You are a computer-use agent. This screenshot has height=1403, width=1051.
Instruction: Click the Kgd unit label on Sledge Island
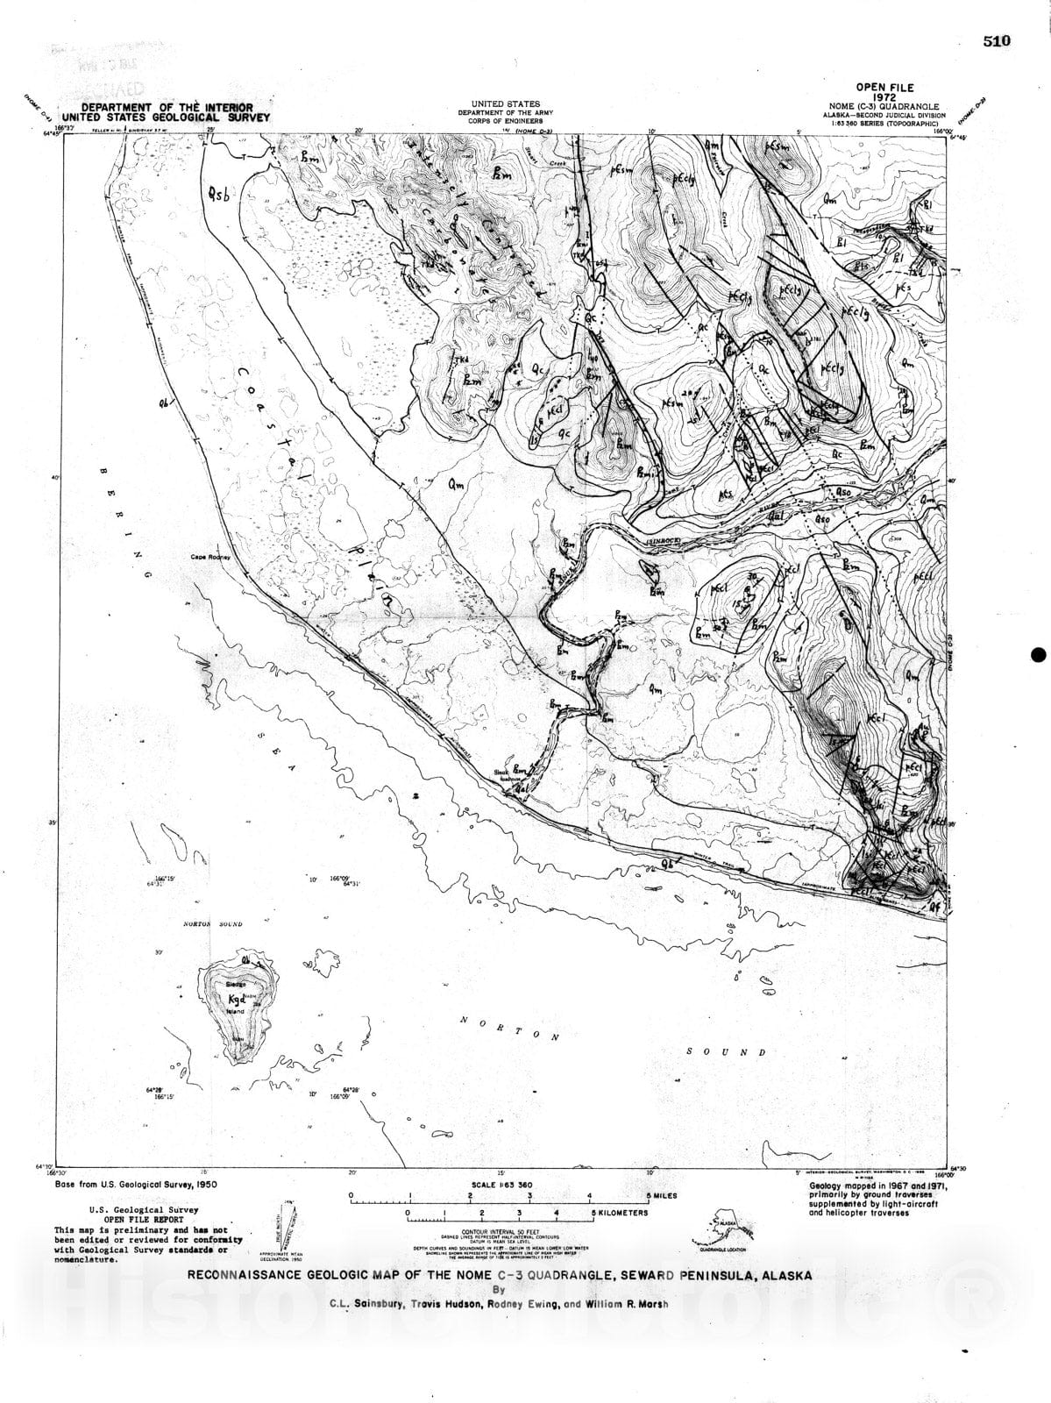click(236, 1000)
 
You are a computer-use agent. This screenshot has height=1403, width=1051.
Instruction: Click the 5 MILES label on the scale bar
click(661, 1195)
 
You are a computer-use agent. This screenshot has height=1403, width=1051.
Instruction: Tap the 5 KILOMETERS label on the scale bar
click(619, 1214)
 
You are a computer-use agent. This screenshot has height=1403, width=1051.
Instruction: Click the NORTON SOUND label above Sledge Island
click(212, 924)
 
